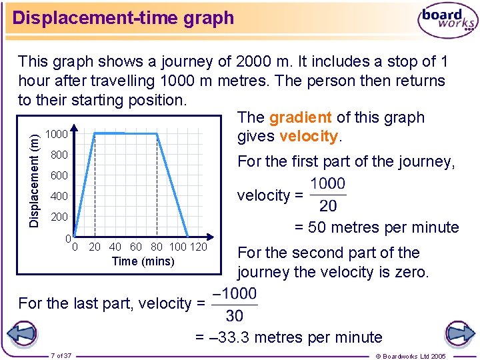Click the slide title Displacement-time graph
[123, 18]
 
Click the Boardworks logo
[447, 20]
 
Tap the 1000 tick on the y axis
[57, 135]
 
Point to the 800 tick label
[59, 155]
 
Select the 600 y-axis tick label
[59, 176]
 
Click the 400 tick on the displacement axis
[59, 197]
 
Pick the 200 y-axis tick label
[59, 217]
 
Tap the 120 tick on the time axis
[199, 247]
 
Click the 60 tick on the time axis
[136, 247]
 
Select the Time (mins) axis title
[143, 261]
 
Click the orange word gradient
[300, 118]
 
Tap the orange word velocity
[309, 137]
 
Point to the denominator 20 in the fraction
[328, 206]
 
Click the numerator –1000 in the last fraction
[233, 294]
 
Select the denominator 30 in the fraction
[234, 315]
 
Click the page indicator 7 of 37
[61, 355]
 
